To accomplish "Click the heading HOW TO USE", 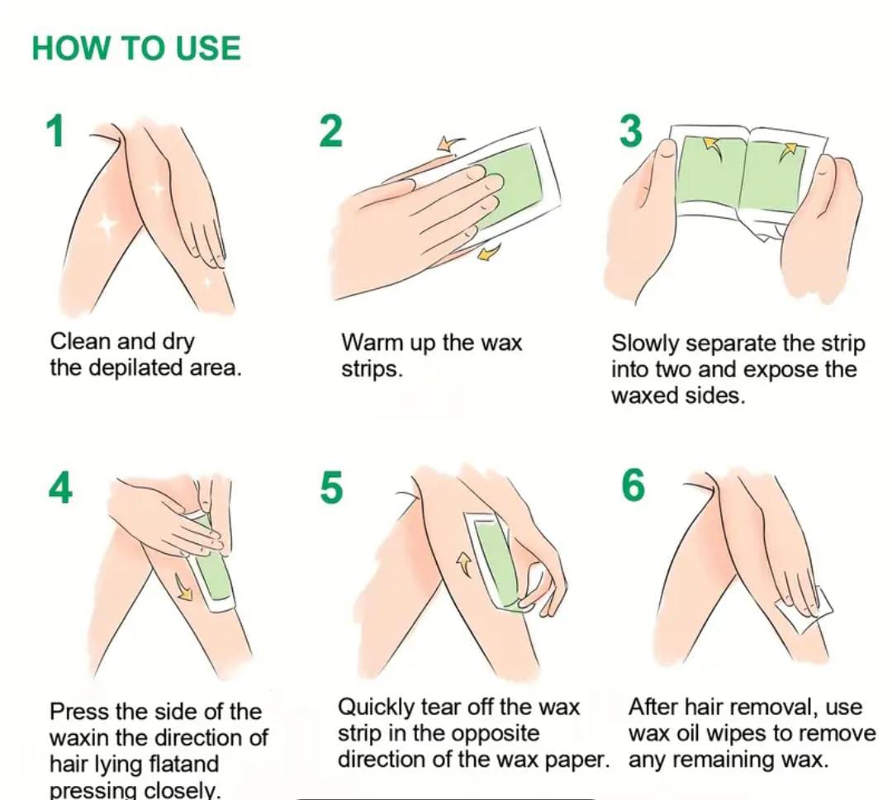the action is (x=136, y=48).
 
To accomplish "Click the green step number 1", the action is (x=55, y=130).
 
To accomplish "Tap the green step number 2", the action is (x=331, y=130).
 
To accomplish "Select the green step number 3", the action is (x=630, y=130).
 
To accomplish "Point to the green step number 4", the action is (x=60, y=488).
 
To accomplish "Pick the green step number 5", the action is (x=332, y=488).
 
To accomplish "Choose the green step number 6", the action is (x=633, y=487).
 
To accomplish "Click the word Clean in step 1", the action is (x=80, y=342).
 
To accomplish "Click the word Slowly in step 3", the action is (x=646, y=344).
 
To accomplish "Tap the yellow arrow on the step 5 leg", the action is (x=465, y=565).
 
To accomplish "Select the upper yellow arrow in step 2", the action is (x=450, y=144).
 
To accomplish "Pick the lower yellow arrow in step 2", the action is (x=488, y=251).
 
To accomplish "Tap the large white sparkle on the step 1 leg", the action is (x=107, y=224).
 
